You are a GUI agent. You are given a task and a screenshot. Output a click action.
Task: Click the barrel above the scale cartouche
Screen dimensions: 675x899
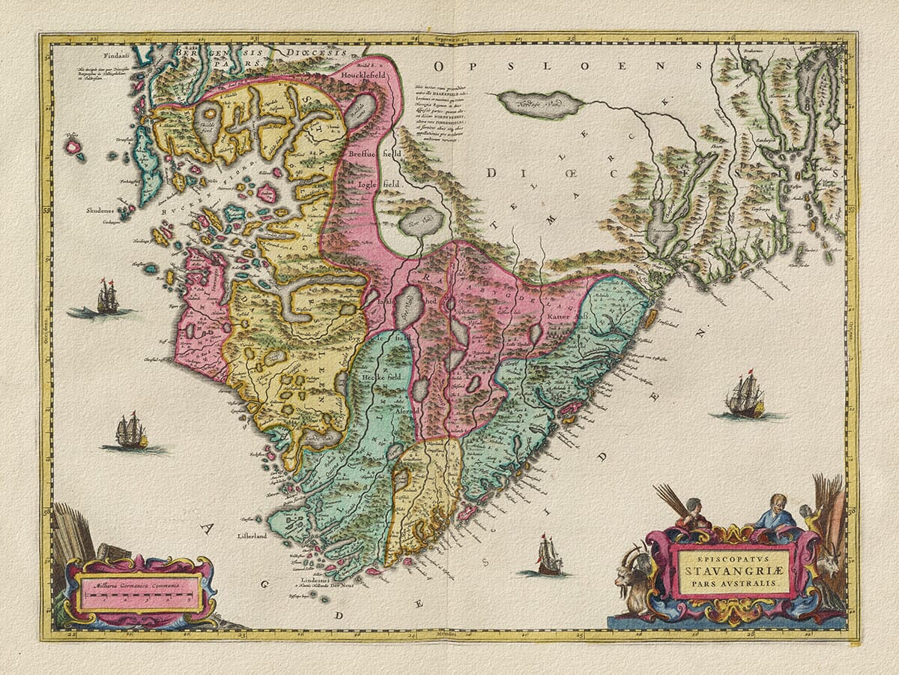[x=113, y=551]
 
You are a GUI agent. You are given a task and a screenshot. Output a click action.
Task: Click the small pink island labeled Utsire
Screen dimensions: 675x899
[x=73, y=146]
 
